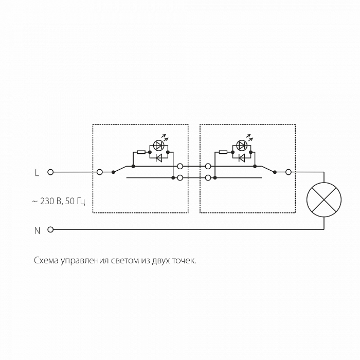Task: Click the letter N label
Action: pos(37,231)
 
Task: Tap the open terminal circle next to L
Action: pos(50,172)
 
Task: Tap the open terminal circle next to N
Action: pos(50,229)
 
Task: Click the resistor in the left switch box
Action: pos(141,152)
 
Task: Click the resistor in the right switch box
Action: pos(223,152)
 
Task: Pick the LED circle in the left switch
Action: pos(159,145)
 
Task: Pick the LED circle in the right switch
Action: pos(241,145)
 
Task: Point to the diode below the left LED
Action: pos(159,157)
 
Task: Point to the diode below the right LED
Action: pos(241,157)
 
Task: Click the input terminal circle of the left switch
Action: pos(100,172)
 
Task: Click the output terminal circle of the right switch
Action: pos(289,172)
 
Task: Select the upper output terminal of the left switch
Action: pos(180,167)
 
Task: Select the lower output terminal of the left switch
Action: pos(180,178)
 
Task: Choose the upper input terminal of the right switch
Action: pos(208,167)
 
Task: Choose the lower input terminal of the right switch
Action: pos(208,178)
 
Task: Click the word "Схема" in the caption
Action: pos(46,261)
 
